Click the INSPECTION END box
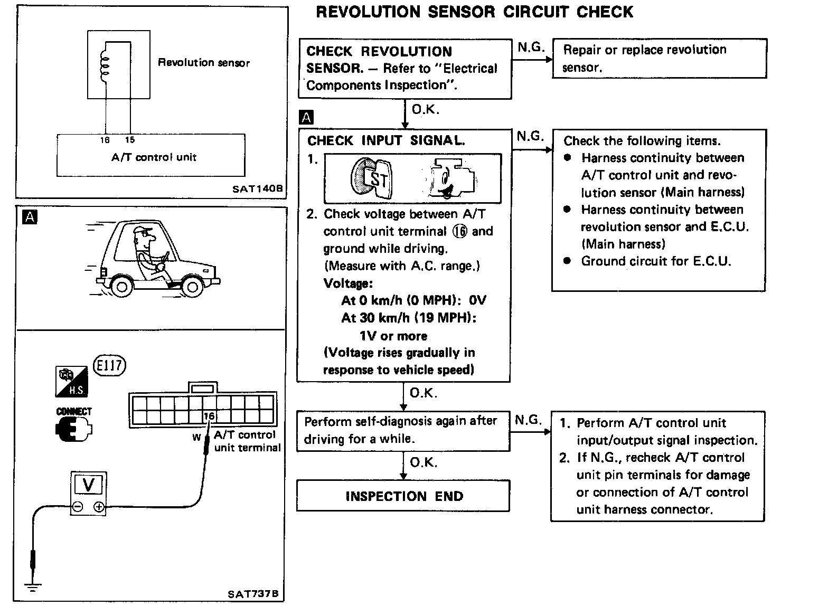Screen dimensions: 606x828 (403, 496)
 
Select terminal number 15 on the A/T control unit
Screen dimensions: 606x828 (130, 140)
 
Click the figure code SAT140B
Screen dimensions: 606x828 (257, 188)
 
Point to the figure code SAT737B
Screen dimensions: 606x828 (253, 594)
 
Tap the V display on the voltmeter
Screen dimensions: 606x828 (89, 485)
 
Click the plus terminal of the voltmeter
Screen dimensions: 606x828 (99, 508)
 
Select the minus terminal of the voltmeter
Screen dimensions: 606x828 (78, 508)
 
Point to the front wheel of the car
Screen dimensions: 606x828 (192, 287)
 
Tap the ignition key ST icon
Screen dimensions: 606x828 (370, 178)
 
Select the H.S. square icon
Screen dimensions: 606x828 (71, 382)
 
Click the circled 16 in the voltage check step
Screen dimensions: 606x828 (460, 232)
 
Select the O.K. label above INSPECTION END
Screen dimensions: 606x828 (424, 462)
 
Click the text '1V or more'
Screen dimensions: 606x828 (393, 336)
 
